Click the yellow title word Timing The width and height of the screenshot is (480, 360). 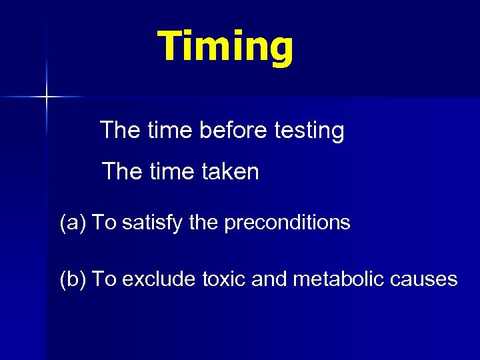[225, 47]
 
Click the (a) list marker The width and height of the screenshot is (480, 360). [73, 223]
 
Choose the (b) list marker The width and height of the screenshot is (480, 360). [73, 279]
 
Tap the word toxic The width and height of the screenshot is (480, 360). [225, 279]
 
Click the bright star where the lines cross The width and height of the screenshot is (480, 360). [47, 97]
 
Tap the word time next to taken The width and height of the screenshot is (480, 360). [173, 172]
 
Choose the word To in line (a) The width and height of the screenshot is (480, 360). [103, 223]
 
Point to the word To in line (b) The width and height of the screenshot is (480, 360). [103, 279]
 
